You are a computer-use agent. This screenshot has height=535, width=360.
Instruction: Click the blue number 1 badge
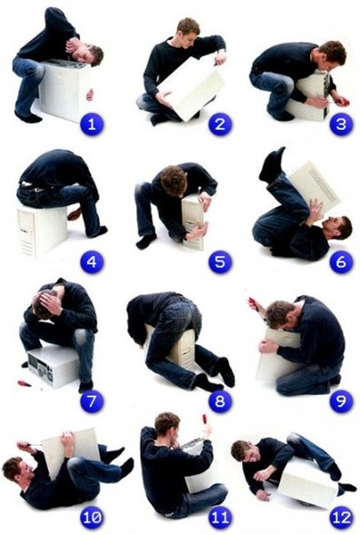coord(92,124)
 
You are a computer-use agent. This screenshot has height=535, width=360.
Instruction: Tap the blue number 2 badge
coord(220,124)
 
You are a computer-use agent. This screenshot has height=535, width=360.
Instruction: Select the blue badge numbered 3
coord(341,124)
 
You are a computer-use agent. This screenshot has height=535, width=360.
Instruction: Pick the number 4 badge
coord(92,262)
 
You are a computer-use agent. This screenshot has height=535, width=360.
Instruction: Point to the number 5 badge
coord(220,262)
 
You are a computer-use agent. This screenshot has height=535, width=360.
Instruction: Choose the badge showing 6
coord(341,262)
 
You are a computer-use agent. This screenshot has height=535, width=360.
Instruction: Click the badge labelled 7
coord(92,401)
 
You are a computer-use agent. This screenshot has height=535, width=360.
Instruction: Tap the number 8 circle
coord(220,401)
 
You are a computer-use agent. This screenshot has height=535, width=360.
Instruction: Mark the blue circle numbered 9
coord(341,401)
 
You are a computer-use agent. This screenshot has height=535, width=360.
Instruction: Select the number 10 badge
coord(92,518)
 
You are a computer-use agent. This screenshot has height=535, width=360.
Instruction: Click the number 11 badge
coord(220,518)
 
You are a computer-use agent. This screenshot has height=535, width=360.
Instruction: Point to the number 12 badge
coord(341,518)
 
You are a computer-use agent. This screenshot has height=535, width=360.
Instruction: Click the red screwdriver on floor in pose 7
coord(29,384)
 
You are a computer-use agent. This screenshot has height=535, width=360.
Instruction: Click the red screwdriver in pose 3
coord(339,102)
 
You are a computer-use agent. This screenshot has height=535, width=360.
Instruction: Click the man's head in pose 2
coord(188,32)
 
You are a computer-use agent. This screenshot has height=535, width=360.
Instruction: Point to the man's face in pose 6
coord(333,228)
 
